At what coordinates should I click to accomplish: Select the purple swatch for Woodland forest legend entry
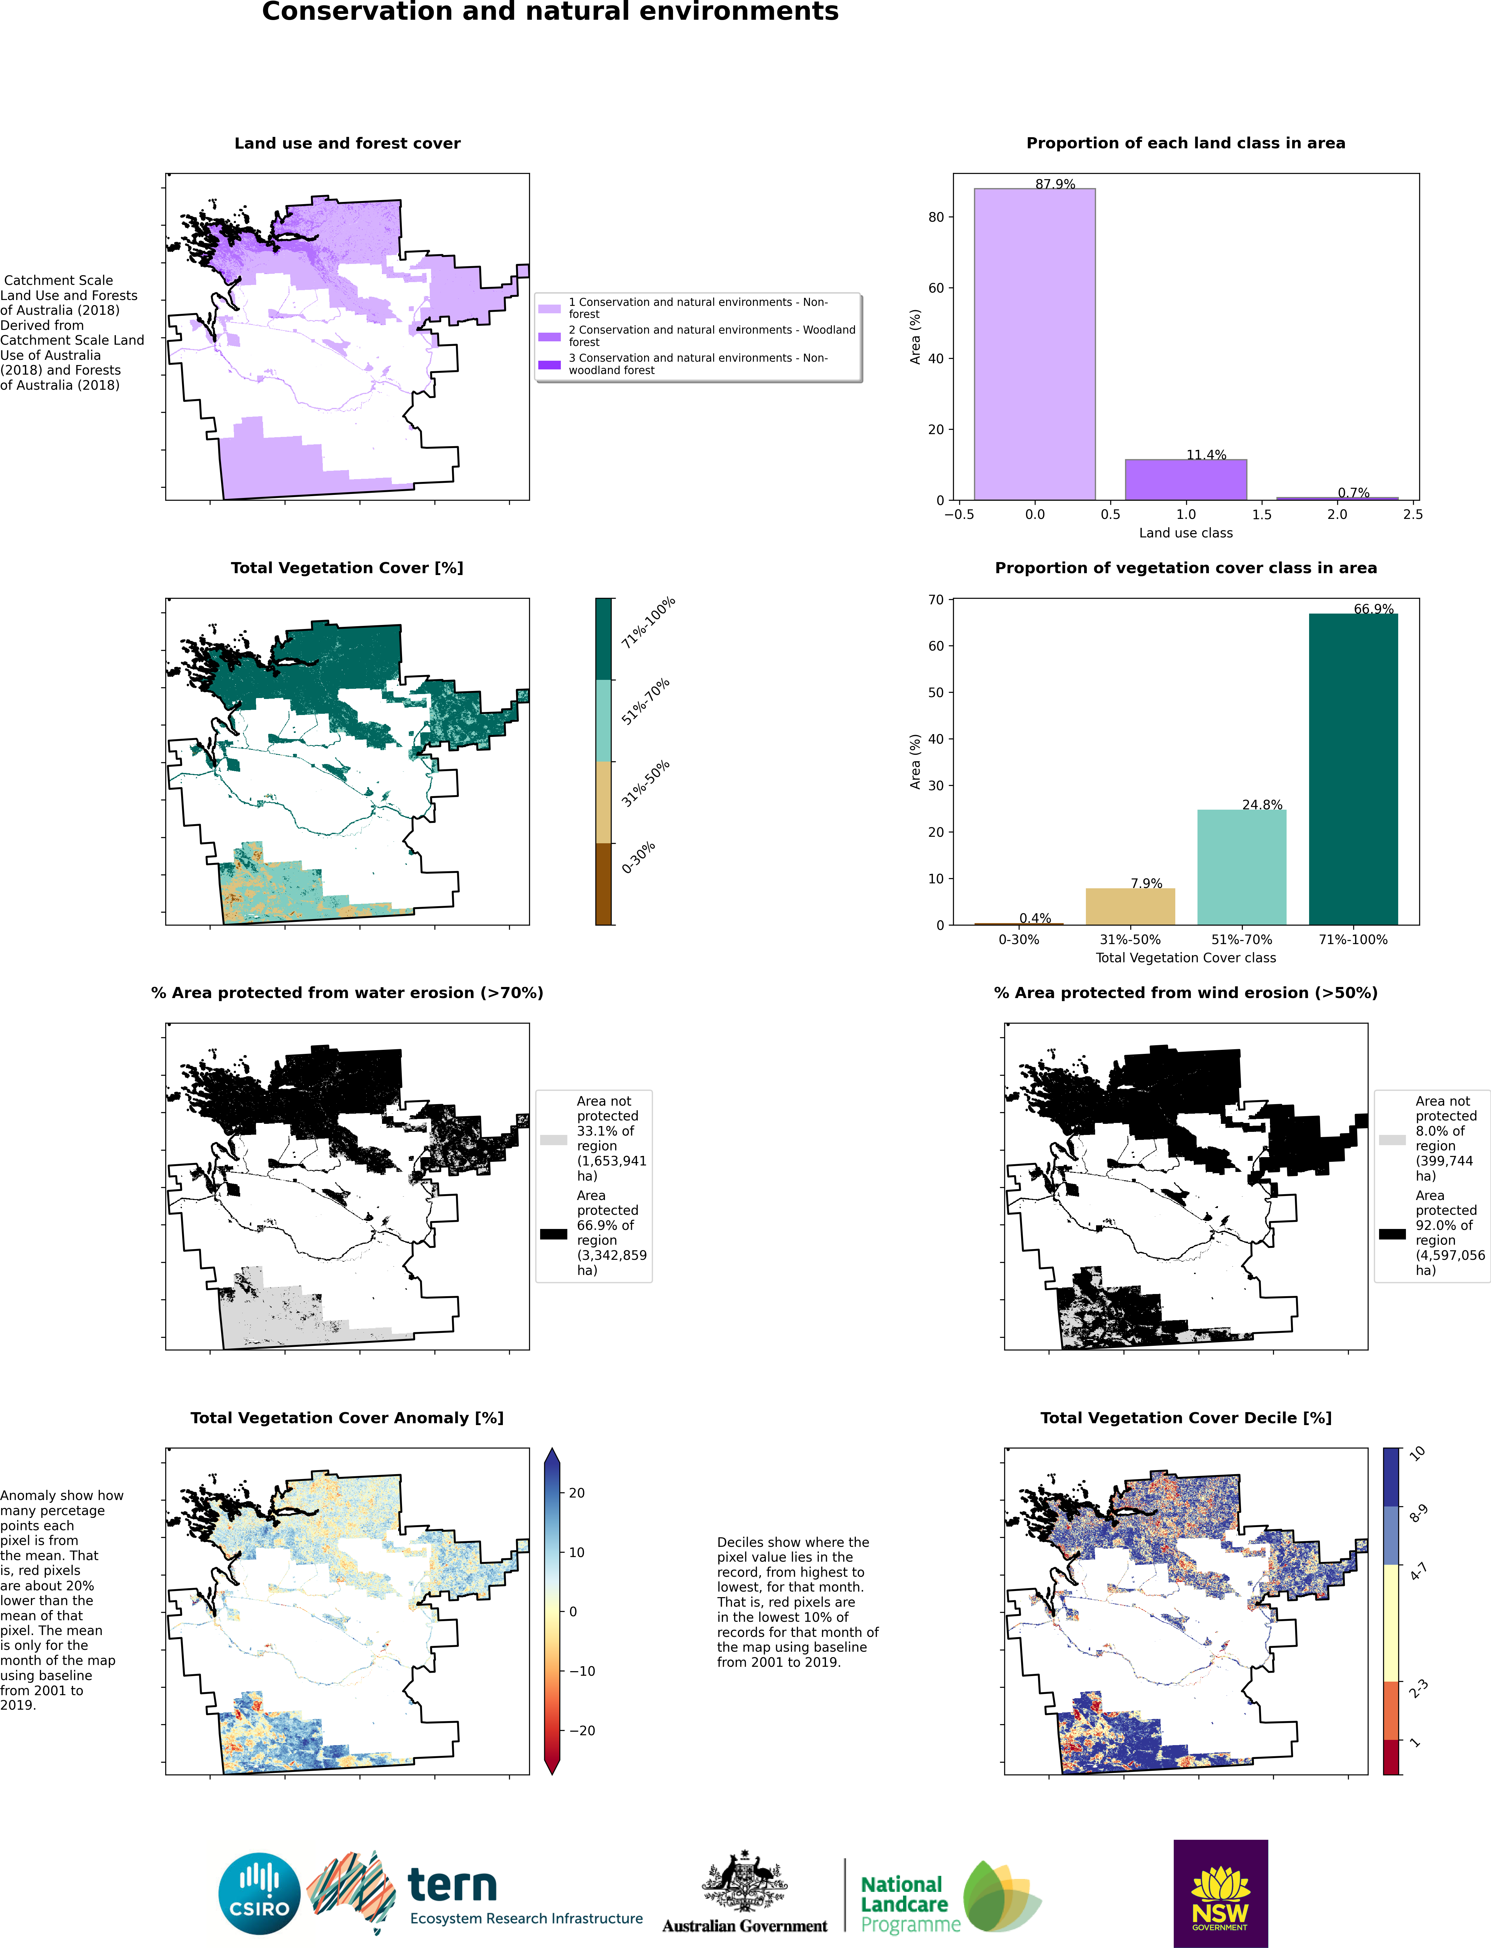[549, 336]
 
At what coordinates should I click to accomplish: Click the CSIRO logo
[259, 1893]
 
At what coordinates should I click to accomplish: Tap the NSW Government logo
[1220, 1893]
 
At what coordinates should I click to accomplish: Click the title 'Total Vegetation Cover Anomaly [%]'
[347, 1417]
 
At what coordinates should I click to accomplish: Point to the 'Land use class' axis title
[1186, 532]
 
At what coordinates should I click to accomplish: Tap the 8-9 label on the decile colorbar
[1418, 1513]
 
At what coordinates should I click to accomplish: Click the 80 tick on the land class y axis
[935, 217]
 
